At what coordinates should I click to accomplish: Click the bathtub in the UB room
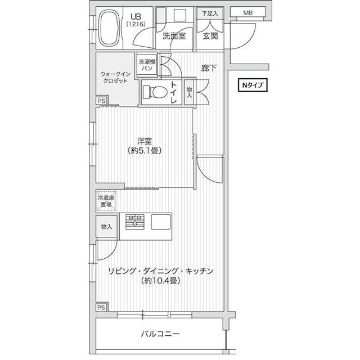tap(109, 28)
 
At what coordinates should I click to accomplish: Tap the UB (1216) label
tap(136, 20)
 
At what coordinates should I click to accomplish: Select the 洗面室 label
tap(174, 36)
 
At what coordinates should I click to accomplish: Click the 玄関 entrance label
tap(210, 36)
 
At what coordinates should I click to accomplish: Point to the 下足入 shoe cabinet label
tap(210, 13)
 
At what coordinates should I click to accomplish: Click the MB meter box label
tap(247, 13)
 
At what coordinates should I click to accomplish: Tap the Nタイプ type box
tap(253, 85)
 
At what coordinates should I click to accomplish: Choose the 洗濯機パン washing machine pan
tap(147, 65)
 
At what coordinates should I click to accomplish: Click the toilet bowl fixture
tap(154, 92)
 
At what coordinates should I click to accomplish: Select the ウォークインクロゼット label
tap(115, 78)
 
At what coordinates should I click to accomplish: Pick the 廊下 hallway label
tap(209, 68)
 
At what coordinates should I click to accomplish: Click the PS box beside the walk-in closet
tap(101, 101)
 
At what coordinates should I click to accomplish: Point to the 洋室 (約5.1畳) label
tap(145, 146)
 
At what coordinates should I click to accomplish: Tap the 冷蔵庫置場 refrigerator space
tap(106, 201)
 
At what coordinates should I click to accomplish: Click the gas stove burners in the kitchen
tap(135, 222)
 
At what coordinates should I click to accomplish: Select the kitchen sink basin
tap(161, 222)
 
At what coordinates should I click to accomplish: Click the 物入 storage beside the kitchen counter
tap(107, 227)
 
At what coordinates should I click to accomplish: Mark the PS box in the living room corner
tap(101, 308)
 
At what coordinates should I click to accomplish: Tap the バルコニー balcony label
tap(160, 334)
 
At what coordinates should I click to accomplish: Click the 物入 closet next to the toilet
tap(189, 92)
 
